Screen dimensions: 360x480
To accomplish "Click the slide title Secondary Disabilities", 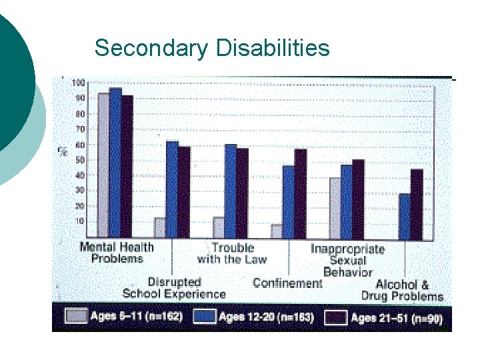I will (x=212, y=48).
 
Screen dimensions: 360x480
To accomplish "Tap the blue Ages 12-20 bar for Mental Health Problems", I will (x=115, y=163).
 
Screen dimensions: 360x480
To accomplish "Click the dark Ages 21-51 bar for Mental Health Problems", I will (x=127, y=167).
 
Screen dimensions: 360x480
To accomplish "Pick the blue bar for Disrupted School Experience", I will (x=172, y=189).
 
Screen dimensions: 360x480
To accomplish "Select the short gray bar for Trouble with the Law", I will (x=219, y=227).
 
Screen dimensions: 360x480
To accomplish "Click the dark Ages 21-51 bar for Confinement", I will (x=301, y=193).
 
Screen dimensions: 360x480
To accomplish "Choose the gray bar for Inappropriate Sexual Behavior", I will (x=335, y=207).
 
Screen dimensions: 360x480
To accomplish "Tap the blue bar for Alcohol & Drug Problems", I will (x=405, y=216).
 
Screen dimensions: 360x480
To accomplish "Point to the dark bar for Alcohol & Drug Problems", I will (x=417, y=204).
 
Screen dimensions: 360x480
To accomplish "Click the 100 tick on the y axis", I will (x=79, y=83).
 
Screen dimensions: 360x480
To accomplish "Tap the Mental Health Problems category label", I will (x=117, y=253).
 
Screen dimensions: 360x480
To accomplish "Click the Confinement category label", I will (x=287, y=283).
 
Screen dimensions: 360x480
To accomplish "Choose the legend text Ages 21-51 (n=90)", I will (x=396, y=317).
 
